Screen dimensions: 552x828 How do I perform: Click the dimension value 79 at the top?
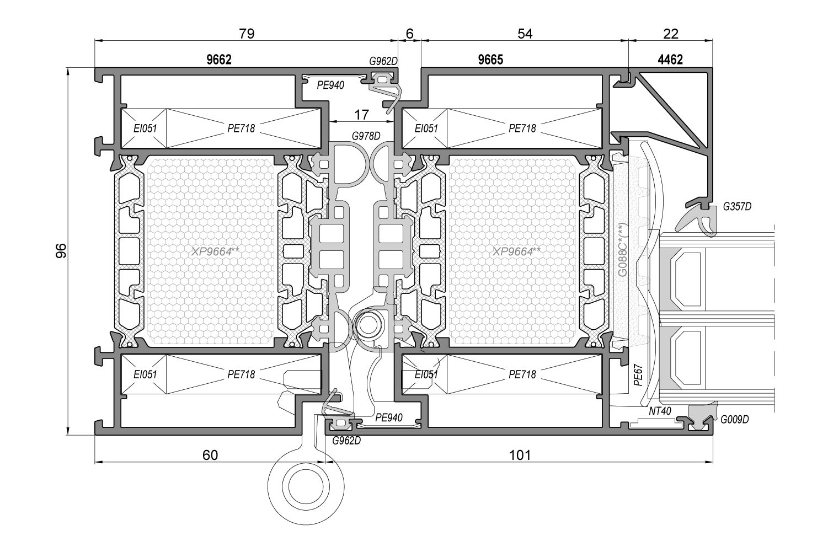tap(247, 34)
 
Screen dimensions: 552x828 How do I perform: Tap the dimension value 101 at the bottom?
tap(519, 455)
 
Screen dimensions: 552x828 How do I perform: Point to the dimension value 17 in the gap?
tap(361, 115)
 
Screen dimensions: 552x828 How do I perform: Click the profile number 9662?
tap(219, 60)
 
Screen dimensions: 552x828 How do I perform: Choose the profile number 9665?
tap(490, 60)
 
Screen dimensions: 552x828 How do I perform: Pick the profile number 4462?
tap(670, 60)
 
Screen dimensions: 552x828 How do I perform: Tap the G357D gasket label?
tap(737, 207)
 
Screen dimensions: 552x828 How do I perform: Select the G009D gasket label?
tap(735, 420)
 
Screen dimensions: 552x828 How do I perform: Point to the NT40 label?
tap(660, 411)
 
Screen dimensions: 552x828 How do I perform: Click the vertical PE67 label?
tap(638, 374)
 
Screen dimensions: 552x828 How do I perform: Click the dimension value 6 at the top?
tap(409, 34)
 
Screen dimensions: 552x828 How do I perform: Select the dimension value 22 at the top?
tap(670, 34)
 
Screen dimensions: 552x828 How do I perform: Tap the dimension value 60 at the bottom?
tap(210, 455)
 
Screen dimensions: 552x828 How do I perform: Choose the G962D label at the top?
tap(383, 61)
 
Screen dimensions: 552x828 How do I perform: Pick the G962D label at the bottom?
tap(346, 440)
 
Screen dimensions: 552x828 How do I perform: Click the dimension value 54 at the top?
tap(525, 34)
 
